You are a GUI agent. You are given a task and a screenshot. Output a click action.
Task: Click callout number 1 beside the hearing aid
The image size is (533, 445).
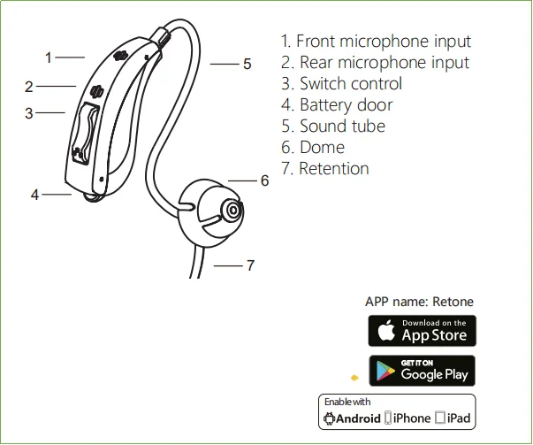[x=49, y=58]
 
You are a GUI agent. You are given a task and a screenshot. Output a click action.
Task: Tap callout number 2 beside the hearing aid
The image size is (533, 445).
[x=29, y=87]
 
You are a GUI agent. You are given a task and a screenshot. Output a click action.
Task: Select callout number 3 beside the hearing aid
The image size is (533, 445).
[x=29, y=113]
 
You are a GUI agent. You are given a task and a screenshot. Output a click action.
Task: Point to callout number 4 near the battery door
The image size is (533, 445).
[x=34, y=195]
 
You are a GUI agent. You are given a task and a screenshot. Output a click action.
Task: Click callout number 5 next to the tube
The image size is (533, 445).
[x=247, y=64]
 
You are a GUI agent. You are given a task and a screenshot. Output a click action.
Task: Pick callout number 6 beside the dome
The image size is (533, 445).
[x=263, y=180]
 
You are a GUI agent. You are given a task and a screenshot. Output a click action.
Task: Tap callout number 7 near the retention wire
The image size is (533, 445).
[x=250, y=265]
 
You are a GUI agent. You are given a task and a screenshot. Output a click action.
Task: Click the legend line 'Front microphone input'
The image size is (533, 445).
[x=376, y=42]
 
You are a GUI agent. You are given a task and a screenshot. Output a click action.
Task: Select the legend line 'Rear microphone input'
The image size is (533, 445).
[x=375, y=63]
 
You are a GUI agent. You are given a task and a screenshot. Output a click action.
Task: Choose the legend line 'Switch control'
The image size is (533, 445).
[x=341, y=84]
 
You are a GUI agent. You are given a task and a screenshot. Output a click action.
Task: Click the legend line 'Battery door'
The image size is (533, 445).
[x=337, y=105]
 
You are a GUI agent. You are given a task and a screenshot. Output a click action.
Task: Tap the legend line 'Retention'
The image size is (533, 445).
[x=324, y=169]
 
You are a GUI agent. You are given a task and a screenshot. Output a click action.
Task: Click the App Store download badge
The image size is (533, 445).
[x=422, y=331]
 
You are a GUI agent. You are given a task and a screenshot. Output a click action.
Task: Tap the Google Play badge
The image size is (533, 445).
[x=422, y=370]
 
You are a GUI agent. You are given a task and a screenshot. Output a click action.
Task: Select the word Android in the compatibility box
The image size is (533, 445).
[x=358, y=418]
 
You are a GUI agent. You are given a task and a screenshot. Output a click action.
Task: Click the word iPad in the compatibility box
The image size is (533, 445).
[x=459, y=418]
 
